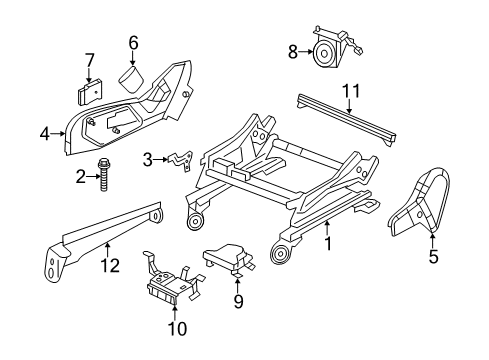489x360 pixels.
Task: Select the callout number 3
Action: click(x=147, y=159)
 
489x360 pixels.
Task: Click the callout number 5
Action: click(x=433, y=257)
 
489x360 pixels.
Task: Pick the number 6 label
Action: click(x=132, y=42)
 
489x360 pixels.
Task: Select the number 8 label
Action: click(x=292, y=51)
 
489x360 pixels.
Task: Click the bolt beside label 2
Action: click(x=103, y=177)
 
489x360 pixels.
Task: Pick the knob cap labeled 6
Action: click(x=133, y=78)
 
